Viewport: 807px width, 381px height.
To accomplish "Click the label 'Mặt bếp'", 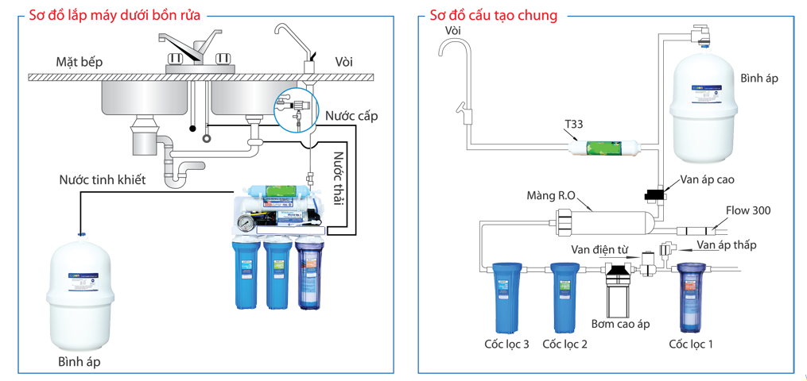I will [79, 62].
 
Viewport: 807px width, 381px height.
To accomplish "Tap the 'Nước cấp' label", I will [351, 116].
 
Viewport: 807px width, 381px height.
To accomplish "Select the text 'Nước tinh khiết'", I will [103, 180].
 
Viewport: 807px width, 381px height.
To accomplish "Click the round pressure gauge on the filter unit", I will [246, 225].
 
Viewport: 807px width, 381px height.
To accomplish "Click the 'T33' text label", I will [574, 125].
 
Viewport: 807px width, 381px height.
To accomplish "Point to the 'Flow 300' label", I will [747, 210].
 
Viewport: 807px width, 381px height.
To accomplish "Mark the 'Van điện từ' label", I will [599, 249].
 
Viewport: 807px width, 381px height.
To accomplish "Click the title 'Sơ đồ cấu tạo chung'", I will [493, 15].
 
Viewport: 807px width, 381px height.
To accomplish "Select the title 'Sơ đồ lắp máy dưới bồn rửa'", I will [114, 15].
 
